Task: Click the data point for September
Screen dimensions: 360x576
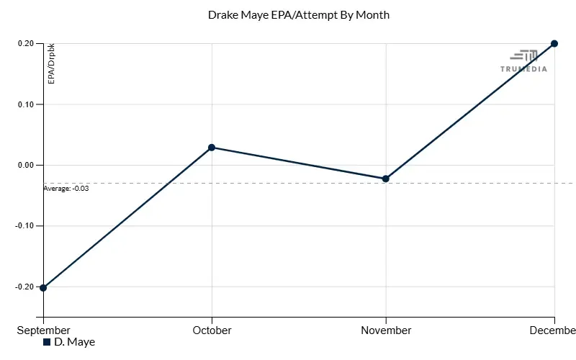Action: click(44, 287)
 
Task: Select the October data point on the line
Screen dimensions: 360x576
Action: click(212, 148)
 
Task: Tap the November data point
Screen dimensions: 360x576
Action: click(386, 179)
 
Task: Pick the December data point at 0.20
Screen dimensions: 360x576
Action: click(554, 44)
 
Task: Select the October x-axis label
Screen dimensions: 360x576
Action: click(212, 330)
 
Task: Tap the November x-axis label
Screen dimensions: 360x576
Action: click(386, 330)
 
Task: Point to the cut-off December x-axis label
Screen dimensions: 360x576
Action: click(554, 330)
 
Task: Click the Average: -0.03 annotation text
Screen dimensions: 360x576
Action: click(66, 189)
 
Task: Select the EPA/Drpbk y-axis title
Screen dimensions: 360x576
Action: click(51, 63)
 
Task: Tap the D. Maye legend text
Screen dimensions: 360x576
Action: click(74, 342)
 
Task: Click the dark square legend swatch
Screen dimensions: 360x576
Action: click(48, 342)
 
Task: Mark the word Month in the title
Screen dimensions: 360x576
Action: click(374, 14)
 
